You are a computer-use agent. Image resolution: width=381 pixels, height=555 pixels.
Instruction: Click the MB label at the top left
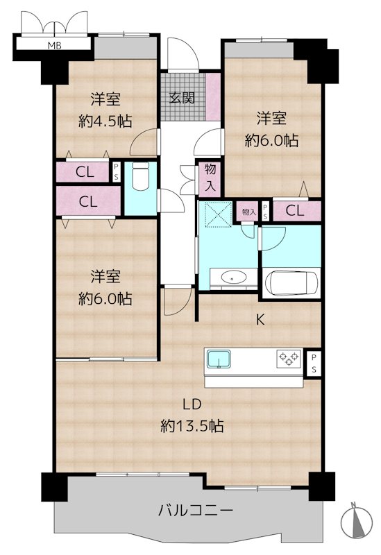pyautogui.click(x=53, y=46)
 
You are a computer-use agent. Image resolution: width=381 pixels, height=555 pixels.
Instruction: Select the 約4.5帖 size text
pyautogui.click(x=106, y=120)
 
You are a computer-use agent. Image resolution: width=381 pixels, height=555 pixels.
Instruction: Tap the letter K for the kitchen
pyautogui.click(x=262, y=320)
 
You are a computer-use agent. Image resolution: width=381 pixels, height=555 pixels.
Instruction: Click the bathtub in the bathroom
pyautogui.click(x=291, y=283)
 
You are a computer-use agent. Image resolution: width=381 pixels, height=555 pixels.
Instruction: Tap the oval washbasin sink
pyautogui.click(x=228, y=278)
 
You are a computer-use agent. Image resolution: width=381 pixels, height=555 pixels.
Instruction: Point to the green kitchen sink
pyautogui.click(x=220, y=359)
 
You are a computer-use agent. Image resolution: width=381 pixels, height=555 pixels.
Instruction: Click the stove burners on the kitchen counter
pyautogui.click(x=288, y=359)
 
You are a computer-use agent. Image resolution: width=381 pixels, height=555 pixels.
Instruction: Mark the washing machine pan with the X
pyautogui.click(x=218, y=214)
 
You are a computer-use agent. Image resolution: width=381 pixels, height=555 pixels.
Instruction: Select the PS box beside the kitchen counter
pyautogui.click(x=313, y=363)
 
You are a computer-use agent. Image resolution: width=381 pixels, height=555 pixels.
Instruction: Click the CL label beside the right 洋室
pyautogui.click(x=295, y=211)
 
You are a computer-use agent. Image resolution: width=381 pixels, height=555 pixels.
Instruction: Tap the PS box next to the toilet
pyautogui.click(x=116, y=171)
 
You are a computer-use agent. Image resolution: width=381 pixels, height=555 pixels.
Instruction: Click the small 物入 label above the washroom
pyautogui.click(x=248, y=211)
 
